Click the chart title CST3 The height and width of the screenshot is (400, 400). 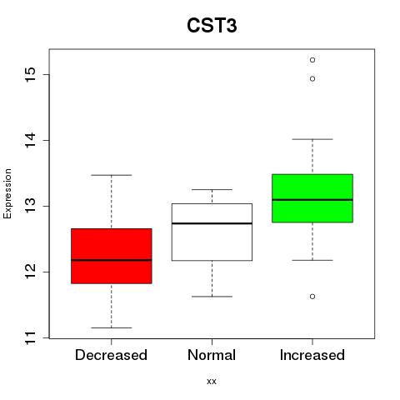point(212,26)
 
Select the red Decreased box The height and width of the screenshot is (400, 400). point(112,256)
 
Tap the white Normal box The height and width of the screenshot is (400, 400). point(212,232)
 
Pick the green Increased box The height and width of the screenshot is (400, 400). point(312,198)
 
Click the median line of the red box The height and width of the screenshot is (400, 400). point(112,260)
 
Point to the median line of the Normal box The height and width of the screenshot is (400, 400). point(212,223)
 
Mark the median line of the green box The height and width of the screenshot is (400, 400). point(312,199)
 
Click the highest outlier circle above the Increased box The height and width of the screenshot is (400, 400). point(312,60)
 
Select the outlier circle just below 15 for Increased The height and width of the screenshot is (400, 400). point(312,79)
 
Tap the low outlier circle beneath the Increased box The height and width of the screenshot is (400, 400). point(312,297)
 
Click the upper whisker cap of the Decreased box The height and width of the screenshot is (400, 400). point(112,175)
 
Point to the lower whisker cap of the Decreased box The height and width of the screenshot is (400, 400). point(112,327)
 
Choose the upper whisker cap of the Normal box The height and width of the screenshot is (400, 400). point(212,189)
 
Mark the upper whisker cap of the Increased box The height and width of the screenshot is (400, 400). point(312,139)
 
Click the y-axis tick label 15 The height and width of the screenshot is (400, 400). point(30,74)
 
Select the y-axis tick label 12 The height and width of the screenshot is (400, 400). point(30,272)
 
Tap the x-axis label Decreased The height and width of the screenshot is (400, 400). point(111,355)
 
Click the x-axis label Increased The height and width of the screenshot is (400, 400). point(312,355)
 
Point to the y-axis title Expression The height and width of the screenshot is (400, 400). point(7,193)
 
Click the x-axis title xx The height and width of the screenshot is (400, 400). point(212,382)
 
